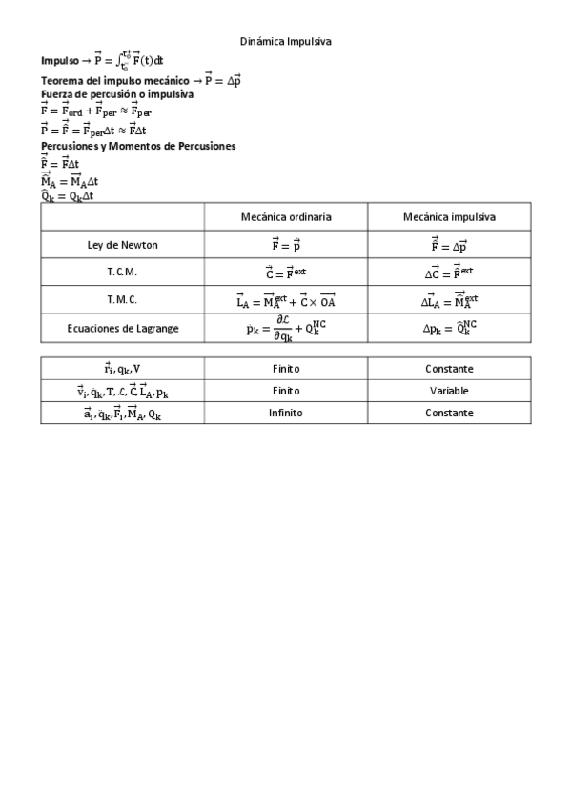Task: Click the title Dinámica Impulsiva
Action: pos(285,42)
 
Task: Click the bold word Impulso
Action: pos(59,60)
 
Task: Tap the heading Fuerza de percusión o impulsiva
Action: pos(117,94)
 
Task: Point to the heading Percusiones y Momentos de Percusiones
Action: pos(138,146)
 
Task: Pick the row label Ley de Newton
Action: pos(122,245)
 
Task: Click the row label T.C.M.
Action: pos(122,272)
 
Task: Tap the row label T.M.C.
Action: pos(122,299)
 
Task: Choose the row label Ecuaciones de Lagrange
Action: pos(122,328)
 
